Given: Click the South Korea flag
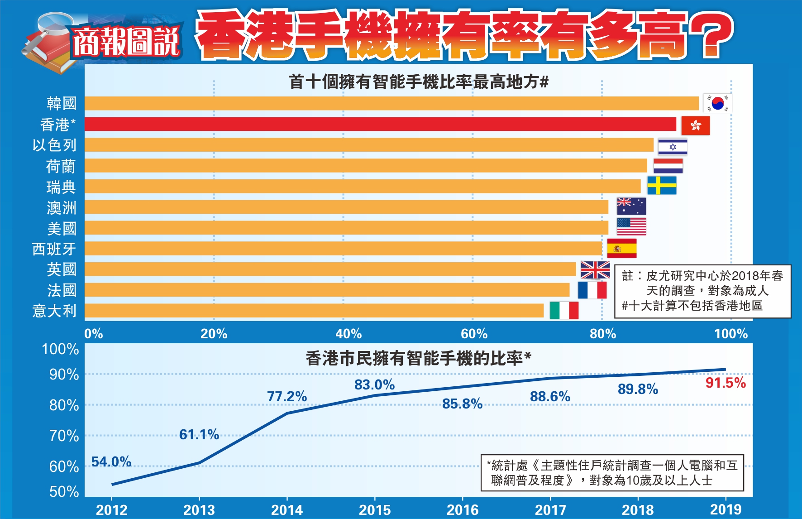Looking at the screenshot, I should click(717, 103).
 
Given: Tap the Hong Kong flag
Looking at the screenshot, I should click(695, 125).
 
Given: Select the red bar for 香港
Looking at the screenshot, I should click(380, 124).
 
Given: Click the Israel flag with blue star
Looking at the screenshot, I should click(673, 147).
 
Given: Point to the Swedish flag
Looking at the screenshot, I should click(662, 186).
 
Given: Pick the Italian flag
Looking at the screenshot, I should click(564, 311).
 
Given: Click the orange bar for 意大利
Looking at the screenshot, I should click(314, 311).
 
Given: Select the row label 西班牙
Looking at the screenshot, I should click(54, 249).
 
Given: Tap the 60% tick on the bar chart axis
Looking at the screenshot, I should click(474, 334).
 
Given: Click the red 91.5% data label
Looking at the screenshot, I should click(726, 383).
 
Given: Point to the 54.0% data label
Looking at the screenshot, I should click(111, 462).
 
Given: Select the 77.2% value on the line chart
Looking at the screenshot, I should click(287, 397).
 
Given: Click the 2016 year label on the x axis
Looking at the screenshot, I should click(463, 510).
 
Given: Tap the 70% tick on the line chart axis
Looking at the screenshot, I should click(64, 436).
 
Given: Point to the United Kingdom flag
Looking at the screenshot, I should click(595, 270).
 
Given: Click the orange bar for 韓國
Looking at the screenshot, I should click(391, 103).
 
